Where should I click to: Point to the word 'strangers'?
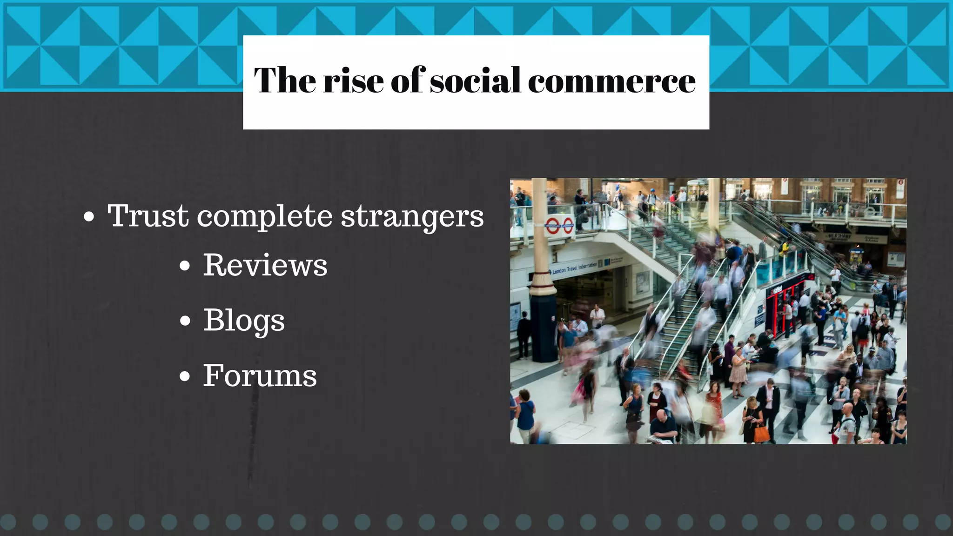(412, 217)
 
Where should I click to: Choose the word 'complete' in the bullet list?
(265, 217)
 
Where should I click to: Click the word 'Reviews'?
(265, 265)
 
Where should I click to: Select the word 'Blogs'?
(244, 321)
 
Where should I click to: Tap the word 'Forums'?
(260, 375)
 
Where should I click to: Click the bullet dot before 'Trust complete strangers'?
(89, 217)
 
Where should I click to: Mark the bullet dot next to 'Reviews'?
(185, 266)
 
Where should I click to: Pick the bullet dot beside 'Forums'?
(185, 376)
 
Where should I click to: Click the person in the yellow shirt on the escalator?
(785, 247)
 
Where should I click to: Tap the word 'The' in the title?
(285, 80)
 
